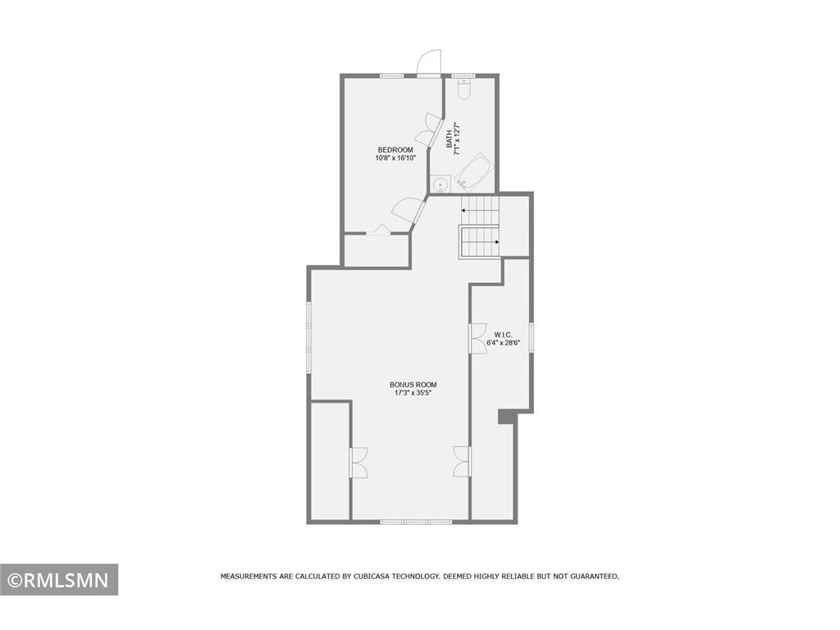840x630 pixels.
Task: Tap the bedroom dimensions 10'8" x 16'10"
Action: (x=390, y=157)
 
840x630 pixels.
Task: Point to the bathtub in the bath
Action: (x=473, y=173)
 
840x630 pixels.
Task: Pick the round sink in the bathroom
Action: (x=438, y=184)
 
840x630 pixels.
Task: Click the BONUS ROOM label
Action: (x=413, y=385)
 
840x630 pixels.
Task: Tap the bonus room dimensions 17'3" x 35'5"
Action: (x=413, y=393)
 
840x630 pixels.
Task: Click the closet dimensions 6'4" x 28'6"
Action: (x=503, y=343)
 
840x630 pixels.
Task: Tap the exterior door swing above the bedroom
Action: (x=428, y=63)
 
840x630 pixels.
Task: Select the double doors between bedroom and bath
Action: (x=427, y=132)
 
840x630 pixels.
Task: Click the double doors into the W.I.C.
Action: (x=477, y=338)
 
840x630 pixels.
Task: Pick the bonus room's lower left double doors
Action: (x=359, y=463)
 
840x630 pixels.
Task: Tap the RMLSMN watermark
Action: (x=59, y=580)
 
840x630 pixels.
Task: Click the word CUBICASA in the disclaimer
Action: (x=377, y=577)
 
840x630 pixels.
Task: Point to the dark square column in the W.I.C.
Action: (x=507, y=418)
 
